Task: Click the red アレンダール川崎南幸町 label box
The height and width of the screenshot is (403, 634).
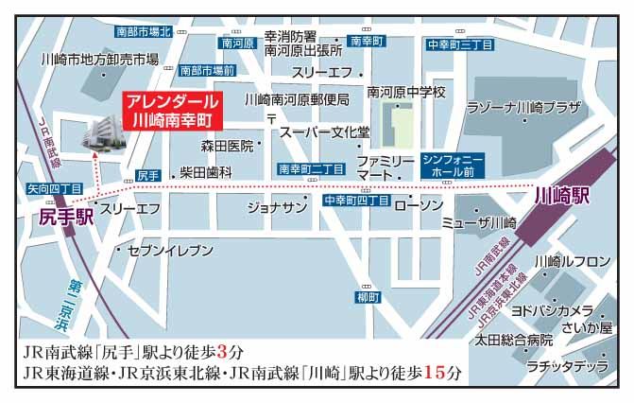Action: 173,111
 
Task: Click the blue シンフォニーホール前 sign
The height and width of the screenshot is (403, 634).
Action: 453,167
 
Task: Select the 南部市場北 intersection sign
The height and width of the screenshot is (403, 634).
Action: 143,31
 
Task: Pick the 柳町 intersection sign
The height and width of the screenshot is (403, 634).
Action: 368,297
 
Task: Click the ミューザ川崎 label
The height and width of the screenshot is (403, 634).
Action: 479,223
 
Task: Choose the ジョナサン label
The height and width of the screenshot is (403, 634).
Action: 277,205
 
